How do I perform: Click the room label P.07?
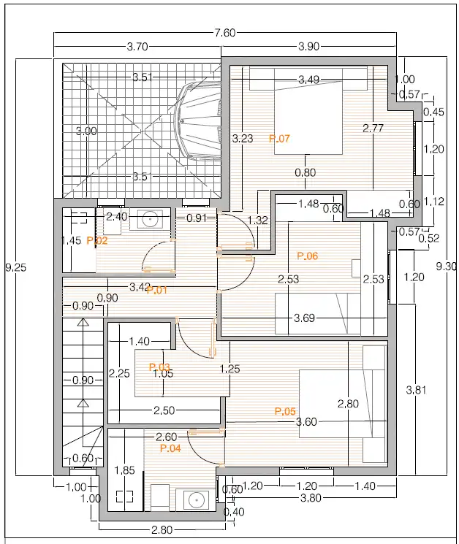(x=279, y=139)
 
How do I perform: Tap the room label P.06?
(x=307, y=256)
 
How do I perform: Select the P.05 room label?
(x=285, y=412)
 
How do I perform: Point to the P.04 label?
(x=170, y=448)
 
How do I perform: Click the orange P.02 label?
(x=97, y=240)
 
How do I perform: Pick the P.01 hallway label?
(x=157, y=290)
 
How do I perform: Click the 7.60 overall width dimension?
(x=225, y=33)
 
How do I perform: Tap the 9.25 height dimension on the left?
(x=16, y=267)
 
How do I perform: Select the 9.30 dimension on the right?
(x=446, y=267)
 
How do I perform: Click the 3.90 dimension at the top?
(x=309, y=47)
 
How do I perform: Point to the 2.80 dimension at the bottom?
(x=162, y=530)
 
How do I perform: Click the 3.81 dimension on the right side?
(x=416, y=391)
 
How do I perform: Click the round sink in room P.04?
(x=197, y=500)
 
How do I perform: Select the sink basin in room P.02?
(x=150, y=220)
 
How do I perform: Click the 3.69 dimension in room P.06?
(x=304, y=318)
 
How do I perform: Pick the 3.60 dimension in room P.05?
(x=306, y=422)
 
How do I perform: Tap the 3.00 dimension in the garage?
(x=86, y=131)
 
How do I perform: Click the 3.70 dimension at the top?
(x=137, y=47)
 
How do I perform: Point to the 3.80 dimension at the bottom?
(x=311, y=498)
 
